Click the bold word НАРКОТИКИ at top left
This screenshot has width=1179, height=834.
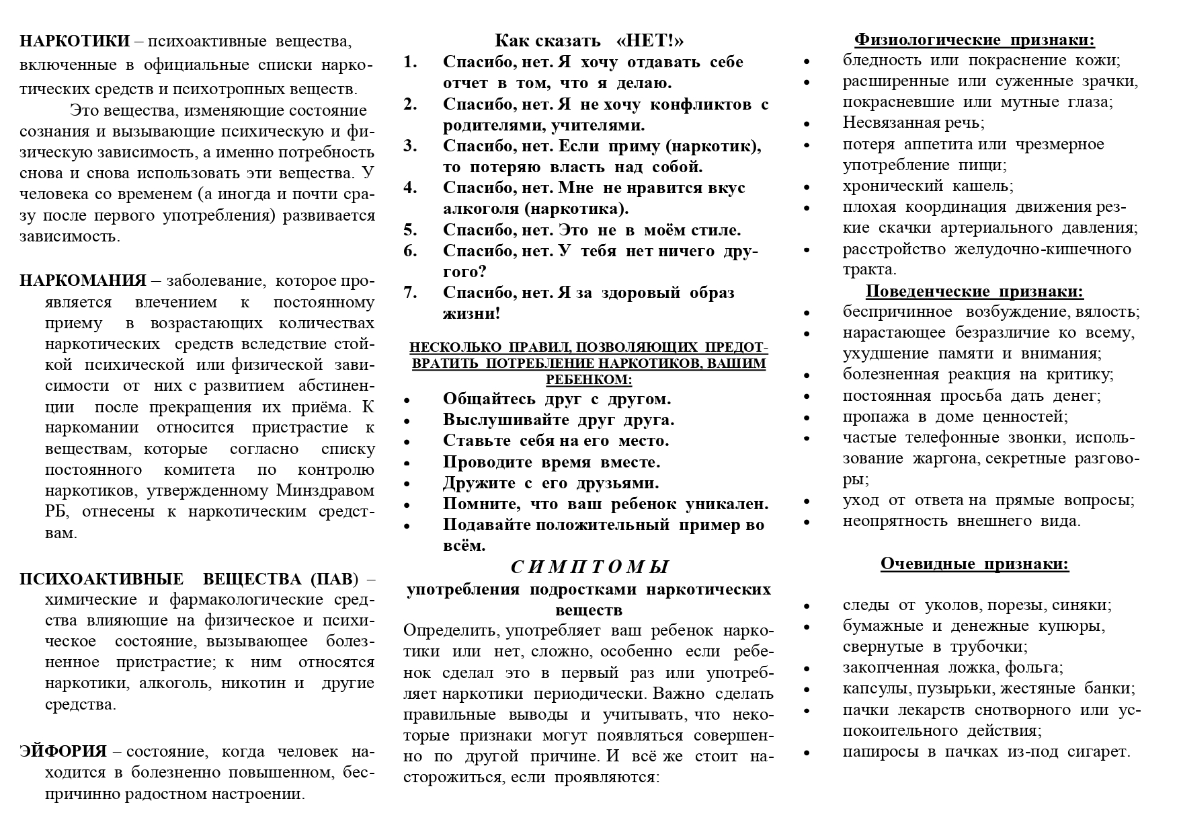pyautogui.click(x=75, y=42)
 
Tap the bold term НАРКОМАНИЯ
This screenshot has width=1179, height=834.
pyautogui.click(x=83, y=281)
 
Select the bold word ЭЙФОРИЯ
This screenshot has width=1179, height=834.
pyautogui.click(x=63, y=752)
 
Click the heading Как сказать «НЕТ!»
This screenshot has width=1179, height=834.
pyautogui.click(x=589, y=41)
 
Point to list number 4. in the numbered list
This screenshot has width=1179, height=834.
pyautogui.click(x=410, y=188)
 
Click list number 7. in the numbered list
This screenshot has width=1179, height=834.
pyautogui.click(x=410, y=293)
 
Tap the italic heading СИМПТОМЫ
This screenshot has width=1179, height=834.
pyautogui.click(x=589, y=568)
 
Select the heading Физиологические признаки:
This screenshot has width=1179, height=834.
pyautogui.click(x=975, y=40)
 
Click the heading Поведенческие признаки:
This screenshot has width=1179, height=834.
pyautogui.click(x=975, y=291)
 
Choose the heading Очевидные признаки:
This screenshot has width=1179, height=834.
pyautogui.click(x=975, y=564)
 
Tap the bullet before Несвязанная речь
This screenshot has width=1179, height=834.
pyautogui.click(x=807, y=124)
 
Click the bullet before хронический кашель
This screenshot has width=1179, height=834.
pyautogui.click(x=807, y=187)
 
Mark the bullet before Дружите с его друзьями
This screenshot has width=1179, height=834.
pyautogui.click(x=407, y=484)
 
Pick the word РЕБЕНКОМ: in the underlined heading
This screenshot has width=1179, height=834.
pyautogui.click(x=589, y=379)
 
